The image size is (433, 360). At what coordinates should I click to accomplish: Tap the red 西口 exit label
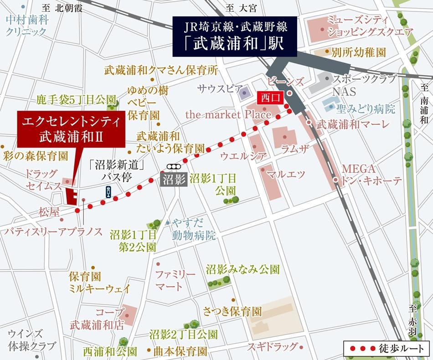pyautogui.click(x=273, y=97)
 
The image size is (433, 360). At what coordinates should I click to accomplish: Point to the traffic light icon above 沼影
pyautogui.click(x=174, y=166)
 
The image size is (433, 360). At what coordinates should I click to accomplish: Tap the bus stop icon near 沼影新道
pyautogui.click(x=108, y=191)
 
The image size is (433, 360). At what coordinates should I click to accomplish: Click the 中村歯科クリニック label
pyautogui.click(x=26, y=26)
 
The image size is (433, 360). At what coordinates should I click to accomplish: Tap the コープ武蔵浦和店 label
pyautogui.click(x=97, y=319)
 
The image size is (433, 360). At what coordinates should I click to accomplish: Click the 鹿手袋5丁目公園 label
pyautogui.click(x=76, y=99)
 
